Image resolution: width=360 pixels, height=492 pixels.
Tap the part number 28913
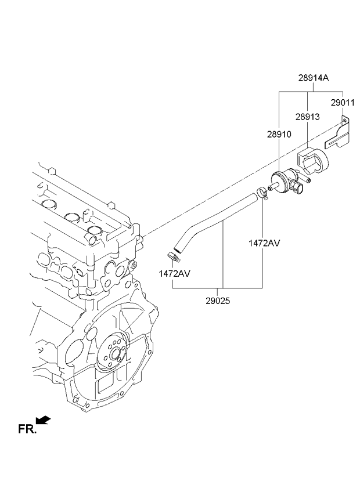tap(307, 117)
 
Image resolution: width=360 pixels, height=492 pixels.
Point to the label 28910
tap(279, 133)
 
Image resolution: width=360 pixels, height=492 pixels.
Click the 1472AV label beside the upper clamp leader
tap(264, 243)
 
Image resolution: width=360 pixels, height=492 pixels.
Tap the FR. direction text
tap(27, 429)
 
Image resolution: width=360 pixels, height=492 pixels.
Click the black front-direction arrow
tap(43, 419)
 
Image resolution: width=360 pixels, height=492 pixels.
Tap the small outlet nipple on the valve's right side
tap(308, 180)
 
